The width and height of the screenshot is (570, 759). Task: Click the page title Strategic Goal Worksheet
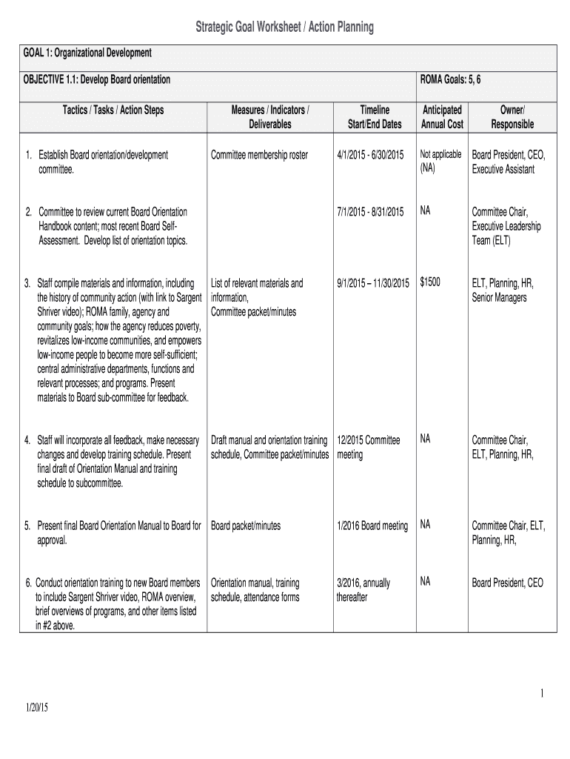[284, 28]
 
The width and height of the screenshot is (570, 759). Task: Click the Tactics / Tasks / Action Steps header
[113, 110]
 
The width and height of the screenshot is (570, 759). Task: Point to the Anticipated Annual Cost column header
[442, 117]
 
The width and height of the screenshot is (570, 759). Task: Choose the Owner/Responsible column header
[512, 117]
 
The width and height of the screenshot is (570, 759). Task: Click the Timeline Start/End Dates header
[375, 117]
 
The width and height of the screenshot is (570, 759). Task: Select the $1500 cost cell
[430, 282]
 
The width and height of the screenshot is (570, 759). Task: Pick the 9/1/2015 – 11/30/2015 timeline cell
[372, 283]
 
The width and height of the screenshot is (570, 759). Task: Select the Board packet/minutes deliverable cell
[246, 526]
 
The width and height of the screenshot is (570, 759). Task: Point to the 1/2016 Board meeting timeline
[372, 526]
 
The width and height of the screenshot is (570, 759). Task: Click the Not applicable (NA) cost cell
[440, 161]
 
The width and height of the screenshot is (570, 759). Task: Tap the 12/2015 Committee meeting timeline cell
[368, 447]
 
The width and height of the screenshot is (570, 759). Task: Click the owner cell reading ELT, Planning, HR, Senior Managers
[503, 290]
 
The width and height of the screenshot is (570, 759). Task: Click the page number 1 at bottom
[542, 693]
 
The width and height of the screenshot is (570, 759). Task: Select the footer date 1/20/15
[34, 708]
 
